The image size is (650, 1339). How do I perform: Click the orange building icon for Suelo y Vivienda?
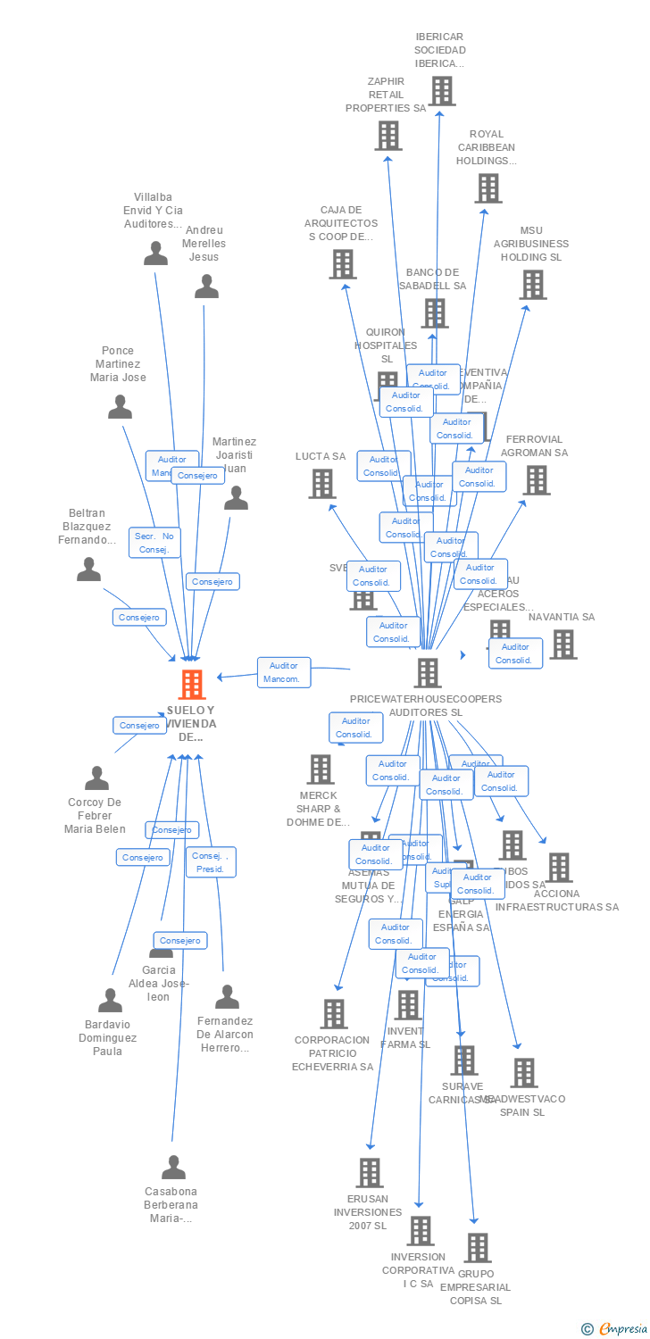(x=192, y=685)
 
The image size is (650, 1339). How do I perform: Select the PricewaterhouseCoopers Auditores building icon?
(x=428, y=673)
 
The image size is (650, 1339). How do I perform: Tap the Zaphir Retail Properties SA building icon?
(x=387, y=136)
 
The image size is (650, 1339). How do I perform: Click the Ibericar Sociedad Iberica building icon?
(x=441, y=91)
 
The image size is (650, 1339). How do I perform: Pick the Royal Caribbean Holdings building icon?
(x=487, y=188)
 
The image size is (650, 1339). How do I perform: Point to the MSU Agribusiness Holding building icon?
(x=533, y=285)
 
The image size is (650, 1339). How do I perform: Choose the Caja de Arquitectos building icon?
(x=343, y=264)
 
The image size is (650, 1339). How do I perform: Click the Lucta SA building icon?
(x=321, y=484)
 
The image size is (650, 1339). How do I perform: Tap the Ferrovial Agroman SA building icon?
(x=536, y=480)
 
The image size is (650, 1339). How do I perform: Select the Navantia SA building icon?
(x=562, y=645)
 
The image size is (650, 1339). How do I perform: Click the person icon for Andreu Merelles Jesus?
(x=206, y=287)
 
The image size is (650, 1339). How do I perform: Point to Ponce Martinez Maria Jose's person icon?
(x=120, y=407)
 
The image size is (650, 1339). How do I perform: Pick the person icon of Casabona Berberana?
(x=173, y=1167)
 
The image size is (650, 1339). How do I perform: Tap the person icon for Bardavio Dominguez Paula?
(x=110, y=1001)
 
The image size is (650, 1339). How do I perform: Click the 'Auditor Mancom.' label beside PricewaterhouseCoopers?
(x=285, y=672)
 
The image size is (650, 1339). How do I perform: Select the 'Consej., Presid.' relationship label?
(x=211, y=862)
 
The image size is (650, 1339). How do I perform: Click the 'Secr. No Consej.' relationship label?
(x=155, y=543)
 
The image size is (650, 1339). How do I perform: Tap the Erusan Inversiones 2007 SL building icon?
(x=369, y=1173)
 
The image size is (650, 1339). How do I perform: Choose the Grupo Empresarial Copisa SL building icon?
(x=478, y=1248)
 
